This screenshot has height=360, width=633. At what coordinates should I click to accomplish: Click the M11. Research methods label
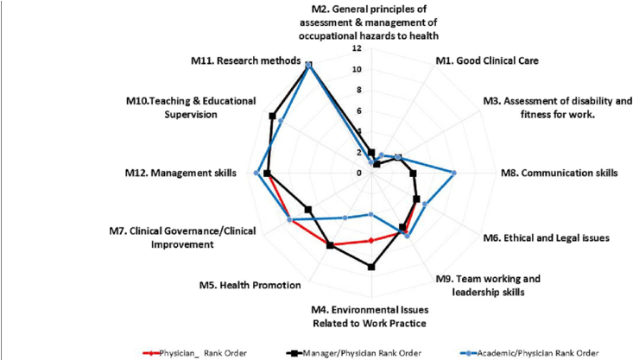click(x=245, y=62)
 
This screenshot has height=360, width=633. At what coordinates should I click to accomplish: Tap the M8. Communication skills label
click(x=560, y=173)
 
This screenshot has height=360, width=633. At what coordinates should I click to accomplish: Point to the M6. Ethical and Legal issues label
click(x=546, y=237)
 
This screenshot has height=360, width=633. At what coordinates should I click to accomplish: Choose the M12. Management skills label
click(x=180, y=173)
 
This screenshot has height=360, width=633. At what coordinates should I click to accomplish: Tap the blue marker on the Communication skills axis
click(x=454, y=173)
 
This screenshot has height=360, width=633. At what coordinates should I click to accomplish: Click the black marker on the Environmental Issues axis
click(x=371, y=268)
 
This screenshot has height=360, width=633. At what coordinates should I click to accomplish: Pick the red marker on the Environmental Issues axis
click(x=371, y=240)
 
